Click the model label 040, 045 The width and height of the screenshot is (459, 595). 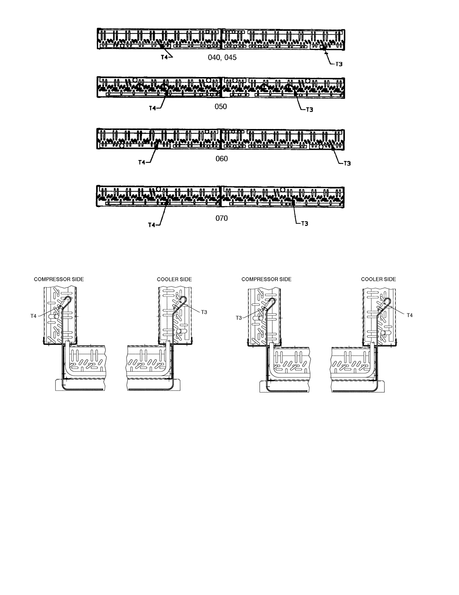[222, 58]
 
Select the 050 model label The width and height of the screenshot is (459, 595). [220, 107]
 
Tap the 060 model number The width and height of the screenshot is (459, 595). [221, 159]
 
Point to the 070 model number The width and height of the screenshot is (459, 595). [221, 218]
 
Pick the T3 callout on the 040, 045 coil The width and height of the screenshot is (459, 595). [338, 64]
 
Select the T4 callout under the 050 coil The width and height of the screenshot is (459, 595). [152, 108]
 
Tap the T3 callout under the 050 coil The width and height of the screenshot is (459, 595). [310, 110]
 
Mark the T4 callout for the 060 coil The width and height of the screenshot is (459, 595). [142, 163]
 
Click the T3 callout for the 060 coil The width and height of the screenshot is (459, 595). [347, 163]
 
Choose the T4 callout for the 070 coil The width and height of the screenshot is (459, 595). [151, 225]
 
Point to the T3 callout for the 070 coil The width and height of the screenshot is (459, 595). [305, 224]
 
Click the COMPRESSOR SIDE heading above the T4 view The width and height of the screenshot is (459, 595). [59, 279]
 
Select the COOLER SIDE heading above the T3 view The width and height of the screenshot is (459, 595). [174, 279]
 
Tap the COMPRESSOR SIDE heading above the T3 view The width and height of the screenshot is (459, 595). [266, 279]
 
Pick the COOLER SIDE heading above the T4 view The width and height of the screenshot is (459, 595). [378, 279]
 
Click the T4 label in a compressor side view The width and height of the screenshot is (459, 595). [33, 316]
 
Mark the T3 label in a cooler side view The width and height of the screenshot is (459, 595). [204, 312]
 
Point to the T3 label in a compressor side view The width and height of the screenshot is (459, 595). [239, 318]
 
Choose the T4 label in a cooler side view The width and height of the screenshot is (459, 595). [409, 316]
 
